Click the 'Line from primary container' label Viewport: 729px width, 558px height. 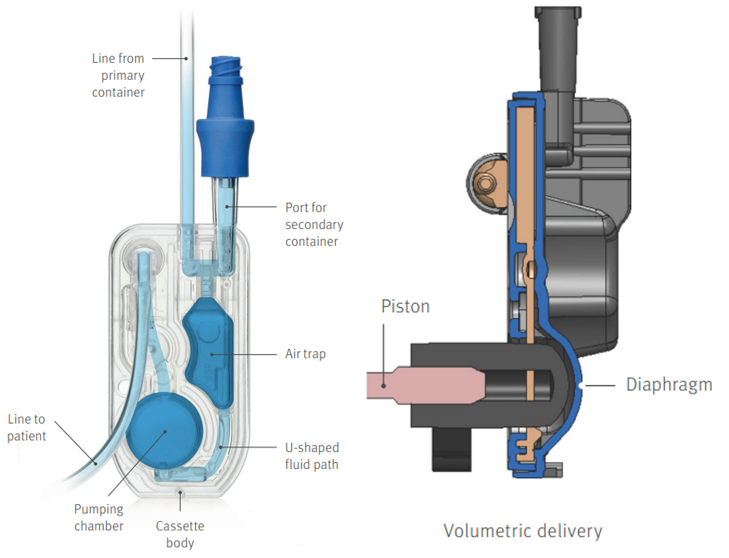tap(118, 75)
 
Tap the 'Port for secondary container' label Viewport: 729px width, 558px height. tap(314, 224)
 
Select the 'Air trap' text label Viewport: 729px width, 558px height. tap(305, 354)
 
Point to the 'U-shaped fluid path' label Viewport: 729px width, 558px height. tap(312, 456)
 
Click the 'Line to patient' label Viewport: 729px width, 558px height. tap(27, 427)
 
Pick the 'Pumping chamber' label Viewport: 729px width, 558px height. tap(99, 517)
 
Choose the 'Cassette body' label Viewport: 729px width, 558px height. tap(180, 534)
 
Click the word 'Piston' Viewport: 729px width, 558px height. tap(405, 306)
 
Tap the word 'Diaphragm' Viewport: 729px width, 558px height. tap(669, 384)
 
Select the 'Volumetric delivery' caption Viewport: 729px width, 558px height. tap(523, 530)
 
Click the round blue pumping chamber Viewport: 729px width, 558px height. tap(164, 431)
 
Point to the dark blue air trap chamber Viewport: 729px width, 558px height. tap(209, 351)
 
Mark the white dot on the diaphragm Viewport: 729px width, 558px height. tap(580, 386)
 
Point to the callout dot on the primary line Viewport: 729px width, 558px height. tap(186, 59)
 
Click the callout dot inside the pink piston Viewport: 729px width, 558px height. tap(384, 385)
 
